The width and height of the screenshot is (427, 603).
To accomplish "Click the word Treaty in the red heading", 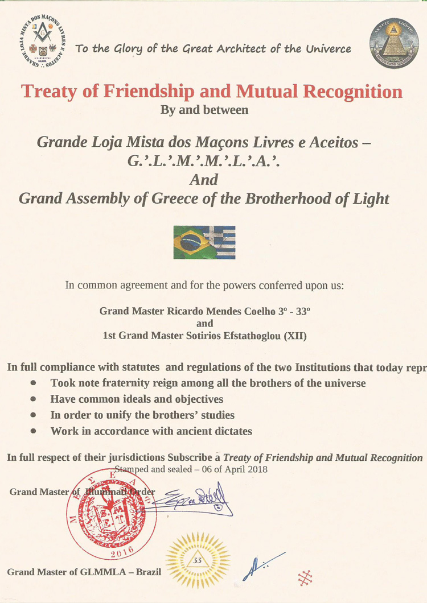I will click(x=50, y=91).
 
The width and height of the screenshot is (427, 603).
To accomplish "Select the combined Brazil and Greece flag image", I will click(x=204, y=242).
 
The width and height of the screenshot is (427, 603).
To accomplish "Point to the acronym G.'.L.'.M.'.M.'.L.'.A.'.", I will click(x=204, y=162).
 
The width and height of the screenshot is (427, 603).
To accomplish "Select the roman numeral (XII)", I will click(x=295, y=336).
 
